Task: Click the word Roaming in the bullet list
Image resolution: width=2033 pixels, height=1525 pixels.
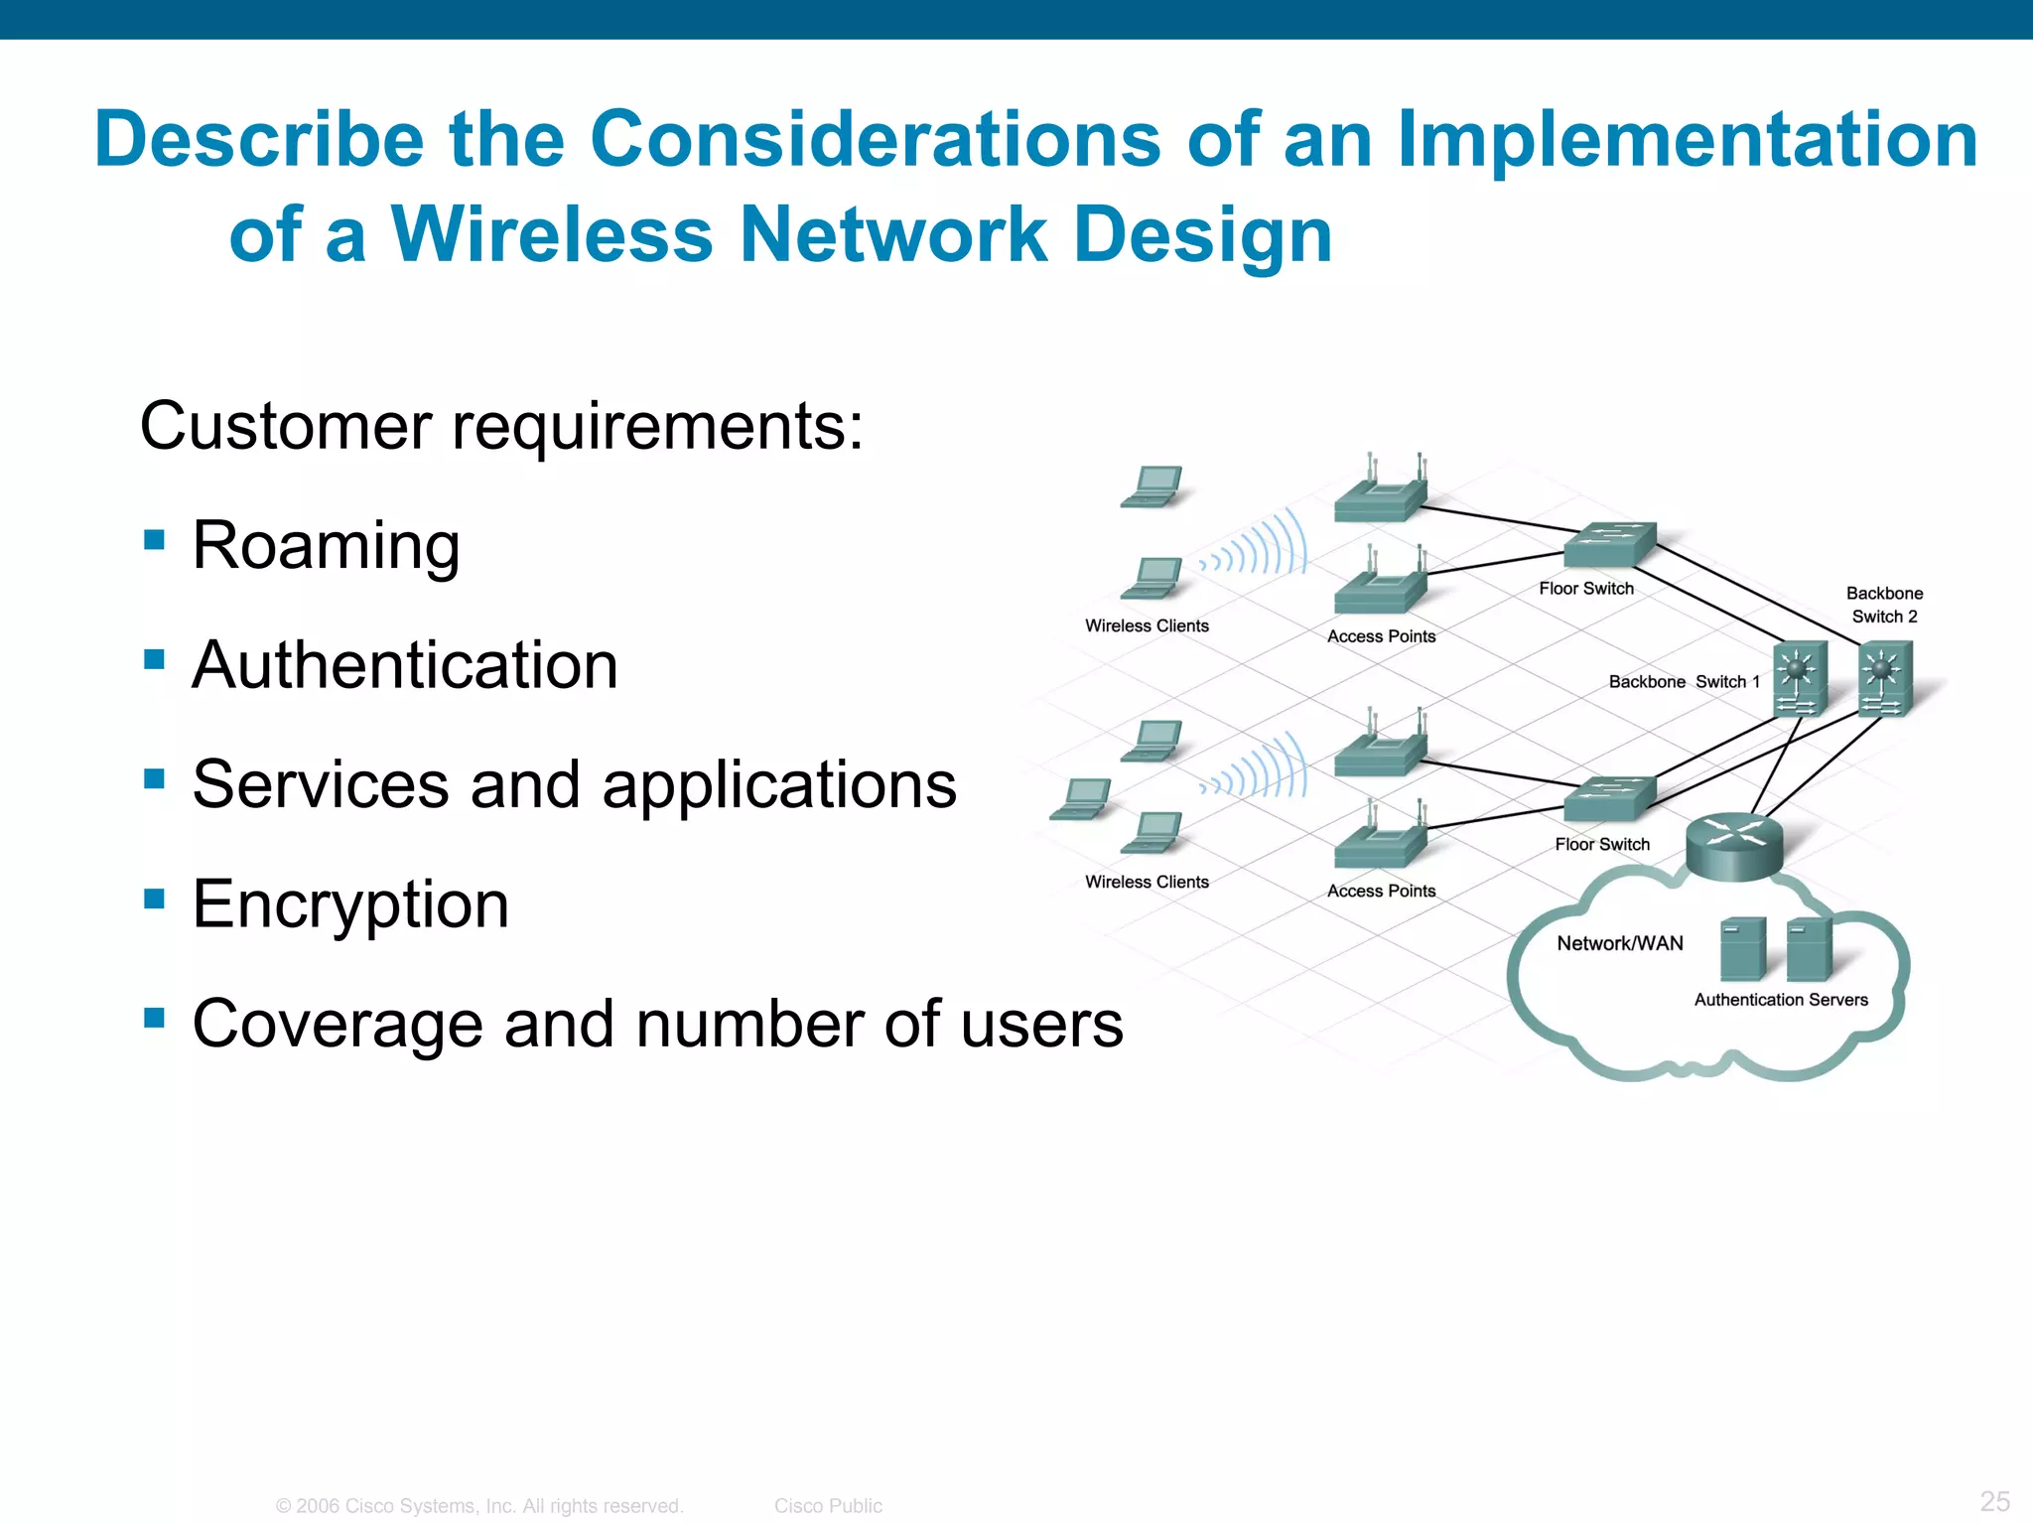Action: [x=326, y=546]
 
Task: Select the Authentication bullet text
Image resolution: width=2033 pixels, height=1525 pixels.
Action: [x=405, y=665]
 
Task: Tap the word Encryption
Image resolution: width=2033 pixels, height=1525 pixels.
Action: [x=350, y=904]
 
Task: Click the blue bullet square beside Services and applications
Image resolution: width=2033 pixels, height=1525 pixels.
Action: [x=154, y=778]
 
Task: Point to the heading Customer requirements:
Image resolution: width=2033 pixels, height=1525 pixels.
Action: [x=501, y=427]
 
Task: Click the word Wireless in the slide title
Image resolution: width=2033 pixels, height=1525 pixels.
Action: [x=552, y=235]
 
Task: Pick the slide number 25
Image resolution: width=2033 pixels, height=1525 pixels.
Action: [x=1994, y=1500]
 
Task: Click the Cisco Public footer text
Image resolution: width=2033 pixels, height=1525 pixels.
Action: [x=828, y=1505]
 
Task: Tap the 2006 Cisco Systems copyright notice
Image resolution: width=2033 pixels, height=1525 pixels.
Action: [x=479, y=1505]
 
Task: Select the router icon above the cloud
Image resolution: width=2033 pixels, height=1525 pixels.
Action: [x=1734, y=845]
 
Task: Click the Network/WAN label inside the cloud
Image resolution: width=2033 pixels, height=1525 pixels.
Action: [x=1620, y=943]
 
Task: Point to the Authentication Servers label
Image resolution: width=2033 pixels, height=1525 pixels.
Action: [x=1781, y=1000]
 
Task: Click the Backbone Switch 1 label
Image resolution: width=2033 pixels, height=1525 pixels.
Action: [x=1684, y=682]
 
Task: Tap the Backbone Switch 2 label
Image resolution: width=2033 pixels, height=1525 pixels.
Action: [x=1884, y=605]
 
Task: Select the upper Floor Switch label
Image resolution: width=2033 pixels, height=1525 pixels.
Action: [x=1586, y=589]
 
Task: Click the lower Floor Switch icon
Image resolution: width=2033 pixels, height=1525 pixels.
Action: [x=1609, y=798]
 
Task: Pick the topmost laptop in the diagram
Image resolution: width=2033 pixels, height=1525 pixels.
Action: [x=1152, y=486]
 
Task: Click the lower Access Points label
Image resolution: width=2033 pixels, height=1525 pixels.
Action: [x=1381, y=891]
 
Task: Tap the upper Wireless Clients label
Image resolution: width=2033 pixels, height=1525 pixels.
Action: [x=1147, y=625]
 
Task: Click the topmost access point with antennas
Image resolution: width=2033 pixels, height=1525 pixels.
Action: [x=1380, y=491]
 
